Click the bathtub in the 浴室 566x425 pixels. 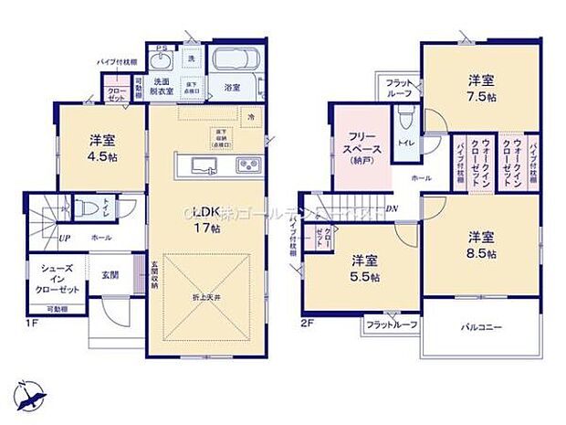(x=236, y=62)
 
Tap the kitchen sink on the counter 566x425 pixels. (x=203, y=165)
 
